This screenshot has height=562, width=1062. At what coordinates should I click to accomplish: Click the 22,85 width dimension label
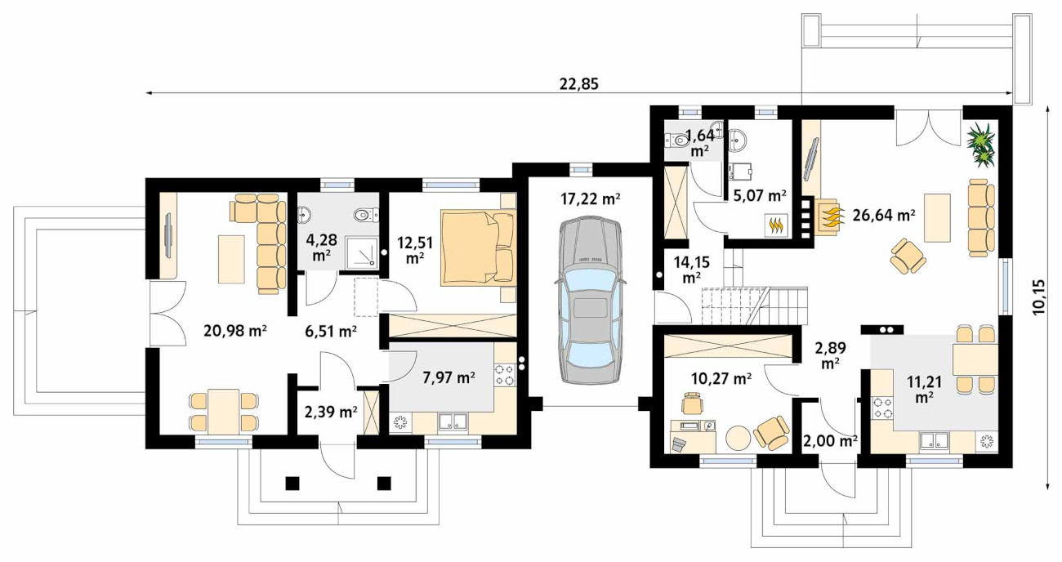579,84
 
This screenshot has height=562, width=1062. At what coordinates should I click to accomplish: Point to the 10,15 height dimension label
1037,297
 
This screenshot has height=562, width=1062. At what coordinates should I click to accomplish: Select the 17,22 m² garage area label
591,199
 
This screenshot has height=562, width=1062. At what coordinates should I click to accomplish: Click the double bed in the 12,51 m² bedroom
477,248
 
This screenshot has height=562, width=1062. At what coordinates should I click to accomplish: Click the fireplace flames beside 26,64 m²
831,216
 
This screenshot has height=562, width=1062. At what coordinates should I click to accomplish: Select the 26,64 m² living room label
884,216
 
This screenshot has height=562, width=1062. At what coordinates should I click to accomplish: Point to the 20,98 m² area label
234,330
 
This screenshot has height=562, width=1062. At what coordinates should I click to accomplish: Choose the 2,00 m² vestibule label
830,441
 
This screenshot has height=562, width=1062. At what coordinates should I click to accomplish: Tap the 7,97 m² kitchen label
449,377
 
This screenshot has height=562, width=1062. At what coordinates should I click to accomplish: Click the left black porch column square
292,483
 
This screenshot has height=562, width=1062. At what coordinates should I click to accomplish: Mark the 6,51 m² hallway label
331,332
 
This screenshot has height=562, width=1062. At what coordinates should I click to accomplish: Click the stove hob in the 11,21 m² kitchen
881,408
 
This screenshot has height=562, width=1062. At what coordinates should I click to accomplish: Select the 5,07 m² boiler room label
760,195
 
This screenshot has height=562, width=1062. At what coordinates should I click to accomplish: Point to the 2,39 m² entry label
331,412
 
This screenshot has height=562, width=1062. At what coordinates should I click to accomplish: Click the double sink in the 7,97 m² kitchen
453,421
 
